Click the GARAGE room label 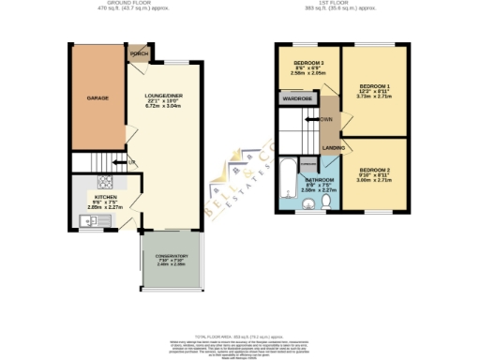click(98, 97)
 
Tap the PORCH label click(141, 52)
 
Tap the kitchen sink click(86, 220)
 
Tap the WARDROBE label click(297, 97)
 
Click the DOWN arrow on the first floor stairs click(324, 120)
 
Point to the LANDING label click(331, 148)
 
